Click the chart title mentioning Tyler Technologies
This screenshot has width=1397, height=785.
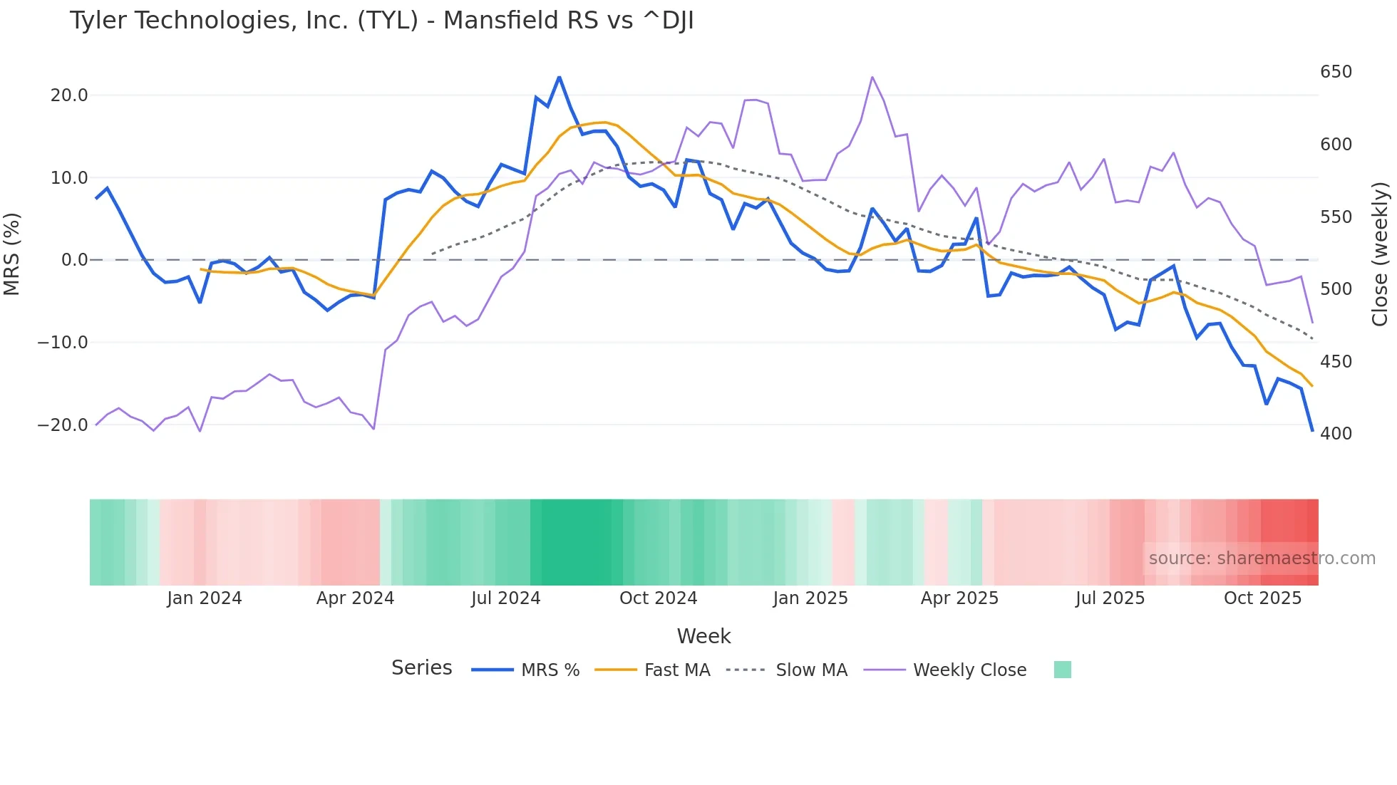[381, 21]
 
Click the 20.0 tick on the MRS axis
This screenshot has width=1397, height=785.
[69, 95]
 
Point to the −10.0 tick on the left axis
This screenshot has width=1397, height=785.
[63, 343]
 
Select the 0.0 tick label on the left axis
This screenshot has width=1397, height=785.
[74, 260]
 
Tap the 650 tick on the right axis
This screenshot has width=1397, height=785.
[1336, 72]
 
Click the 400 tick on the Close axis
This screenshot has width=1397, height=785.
[1336, 433]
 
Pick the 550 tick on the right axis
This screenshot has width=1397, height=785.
[1336, 217]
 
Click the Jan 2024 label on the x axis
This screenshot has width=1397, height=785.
[205, 598]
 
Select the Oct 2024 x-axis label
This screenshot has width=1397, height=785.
[658, 598]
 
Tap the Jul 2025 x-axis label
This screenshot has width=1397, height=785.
[1110, 598]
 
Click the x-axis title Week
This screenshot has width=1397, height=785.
[703, 636]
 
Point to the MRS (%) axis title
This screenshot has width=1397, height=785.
[11, 254]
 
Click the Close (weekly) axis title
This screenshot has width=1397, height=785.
[1380, 254]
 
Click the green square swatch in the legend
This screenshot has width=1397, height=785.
[1062, 670]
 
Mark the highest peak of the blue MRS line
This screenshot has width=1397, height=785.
[559, 77]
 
